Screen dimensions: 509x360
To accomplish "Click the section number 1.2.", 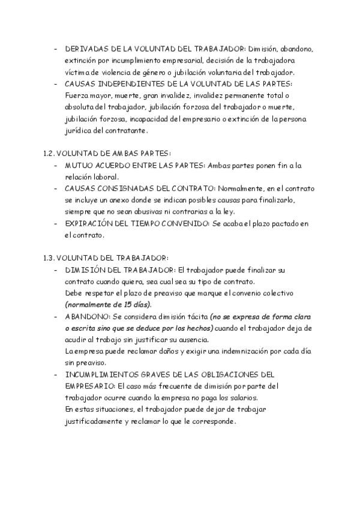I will click(50, 153).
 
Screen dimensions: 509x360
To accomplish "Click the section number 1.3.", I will click(50, 259).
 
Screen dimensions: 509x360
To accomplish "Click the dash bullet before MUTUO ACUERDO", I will click(56, 165).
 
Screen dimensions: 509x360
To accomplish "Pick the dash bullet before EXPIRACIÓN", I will click(56, 224).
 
